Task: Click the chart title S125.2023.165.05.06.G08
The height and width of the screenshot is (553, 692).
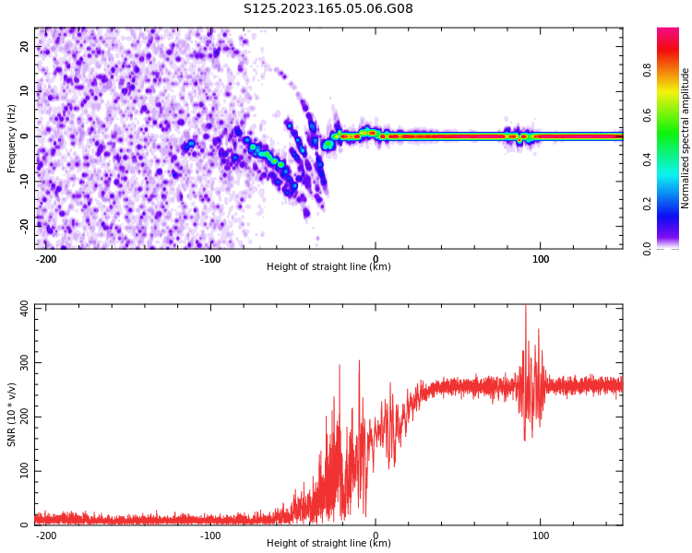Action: coord(328,9)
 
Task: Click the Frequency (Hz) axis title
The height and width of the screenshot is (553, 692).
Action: coord(12,138)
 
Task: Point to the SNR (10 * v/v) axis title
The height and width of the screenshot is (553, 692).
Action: coord(12,415)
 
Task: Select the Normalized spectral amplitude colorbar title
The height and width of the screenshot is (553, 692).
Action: coord(686,138)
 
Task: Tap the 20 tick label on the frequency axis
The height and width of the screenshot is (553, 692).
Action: coord(24,47)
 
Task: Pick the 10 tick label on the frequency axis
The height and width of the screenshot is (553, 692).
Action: coord(24,91)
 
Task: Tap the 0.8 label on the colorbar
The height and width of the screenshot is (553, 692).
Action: coord(674,68)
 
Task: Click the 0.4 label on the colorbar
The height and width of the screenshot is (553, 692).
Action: coord(674,159)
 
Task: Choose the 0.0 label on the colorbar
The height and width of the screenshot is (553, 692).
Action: coord(674,248)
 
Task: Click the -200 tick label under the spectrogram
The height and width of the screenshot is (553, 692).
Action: coord(46,259)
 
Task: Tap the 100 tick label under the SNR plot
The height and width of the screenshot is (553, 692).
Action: coord(541,535)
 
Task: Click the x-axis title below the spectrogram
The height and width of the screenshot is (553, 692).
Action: coord(328,267)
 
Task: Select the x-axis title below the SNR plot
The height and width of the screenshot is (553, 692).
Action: coord(328,544)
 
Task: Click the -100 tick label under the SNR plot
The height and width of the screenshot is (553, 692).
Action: coord(210,535)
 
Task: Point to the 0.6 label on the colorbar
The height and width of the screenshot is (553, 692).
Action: coord(674,114)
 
